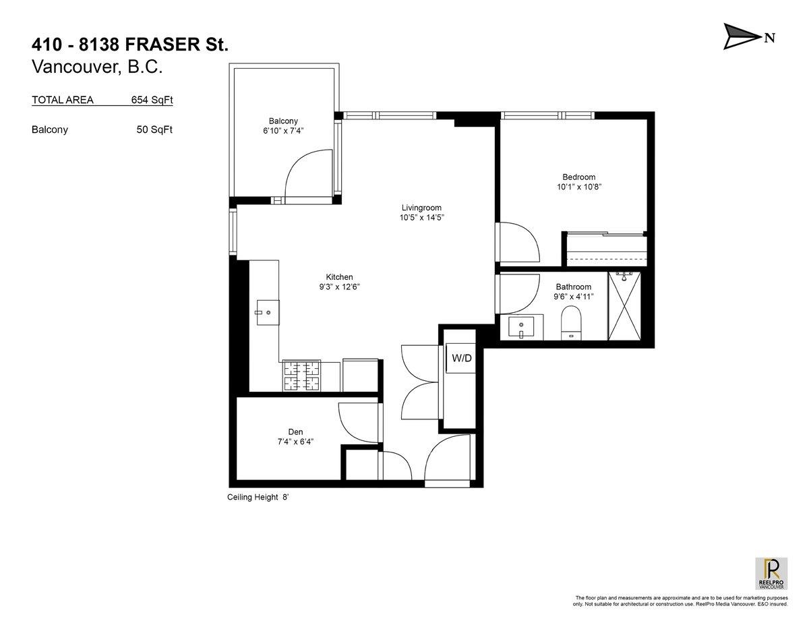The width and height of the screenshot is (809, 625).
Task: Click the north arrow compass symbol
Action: [x=742, y=36]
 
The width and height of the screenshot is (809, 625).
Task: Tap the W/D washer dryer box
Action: [x=461, y=358]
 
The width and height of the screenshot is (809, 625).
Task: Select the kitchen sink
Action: [x=267, y=312]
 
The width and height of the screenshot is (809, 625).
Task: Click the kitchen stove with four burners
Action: [x=301, y=376]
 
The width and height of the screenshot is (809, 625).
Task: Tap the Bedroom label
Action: [x=578, y=177]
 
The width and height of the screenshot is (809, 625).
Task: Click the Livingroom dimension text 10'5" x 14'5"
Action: [x=421, y=218]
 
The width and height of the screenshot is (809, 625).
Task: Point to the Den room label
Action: [x=295, y=433]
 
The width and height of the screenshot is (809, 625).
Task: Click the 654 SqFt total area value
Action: [x=152, y=100]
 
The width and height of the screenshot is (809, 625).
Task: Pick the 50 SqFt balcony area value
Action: [x=154, y=129]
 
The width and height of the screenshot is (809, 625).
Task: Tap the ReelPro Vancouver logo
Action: [x=770, y=574]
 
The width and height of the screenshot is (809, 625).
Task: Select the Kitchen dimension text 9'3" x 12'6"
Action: [x=339, y=287]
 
